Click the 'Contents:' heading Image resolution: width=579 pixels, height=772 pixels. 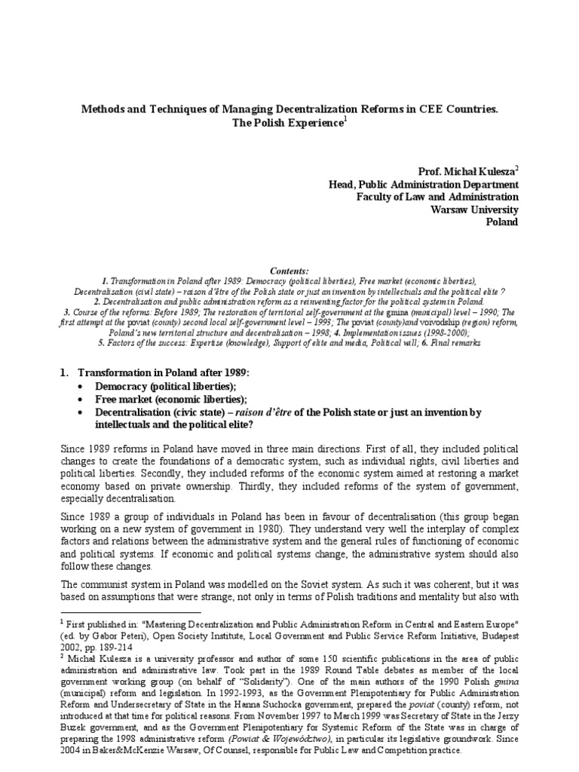coord(289,269)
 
